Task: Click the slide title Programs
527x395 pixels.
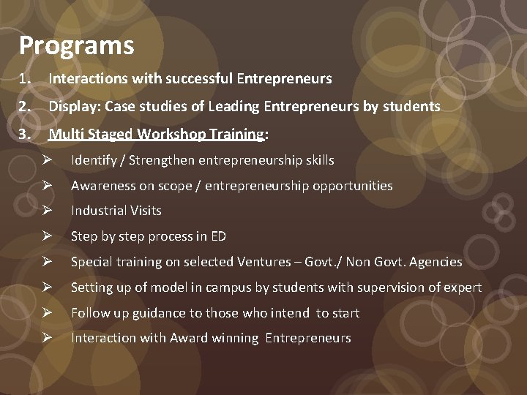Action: point(77,46)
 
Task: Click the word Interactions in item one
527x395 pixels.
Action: point(84,78)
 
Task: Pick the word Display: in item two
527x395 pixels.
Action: point(75,107)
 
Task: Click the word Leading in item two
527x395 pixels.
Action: point(233,107)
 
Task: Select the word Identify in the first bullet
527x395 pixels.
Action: point(93,160)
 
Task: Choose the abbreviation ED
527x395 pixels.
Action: point(217,236)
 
